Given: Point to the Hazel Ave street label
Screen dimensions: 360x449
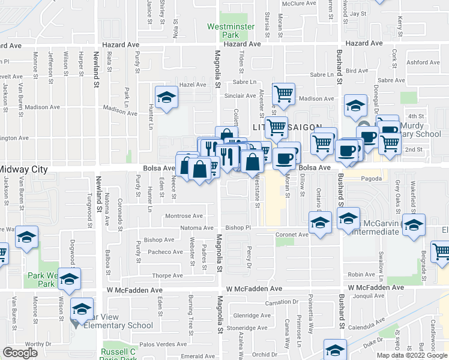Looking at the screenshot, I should pos(192,85).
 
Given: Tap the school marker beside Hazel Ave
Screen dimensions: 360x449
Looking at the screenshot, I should pos(166,98).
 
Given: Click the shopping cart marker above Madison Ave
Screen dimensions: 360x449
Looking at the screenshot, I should pos(283,94).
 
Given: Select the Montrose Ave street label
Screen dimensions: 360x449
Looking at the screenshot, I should pos(184,216).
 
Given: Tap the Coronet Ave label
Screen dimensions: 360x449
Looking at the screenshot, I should pos(292,235).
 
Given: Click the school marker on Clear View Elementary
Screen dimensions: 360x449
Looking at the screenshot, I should pos(81,309).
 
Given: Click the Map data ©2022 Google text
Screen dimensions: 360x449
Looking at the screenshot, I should pos(412,355).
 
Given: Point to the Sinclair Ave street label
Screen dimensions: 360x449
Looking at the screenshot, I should pos(240,96).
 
